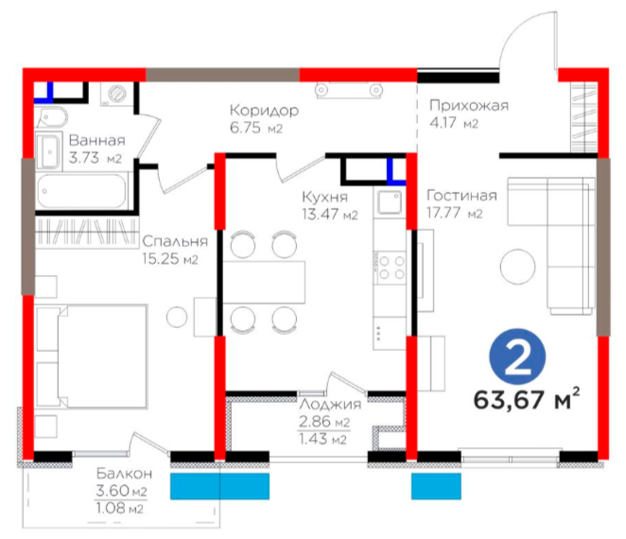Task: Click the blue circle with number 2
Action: [x=517, y=356]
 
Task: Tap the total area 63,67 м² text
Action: [x=527, y=399]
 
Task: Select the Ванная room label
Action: [x=97, y=141]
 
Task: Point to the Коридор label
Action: [x=264, y=110]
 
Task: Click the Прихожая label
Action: [x=469, y=105]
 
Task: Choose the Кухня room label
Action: [x=324, y=197]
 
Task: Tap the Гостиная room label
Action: [x=461, y=195]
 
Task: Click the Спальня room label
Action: [x=175, y=241]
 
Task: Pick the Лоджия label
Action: [x=330, y=404]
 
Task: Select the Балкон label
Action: [x=124, y=474]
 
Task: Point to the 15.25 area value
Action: [x=160, y=259]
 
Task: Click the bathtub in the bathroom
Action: [x=82, y=191]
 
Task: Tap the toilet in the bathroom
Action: [x=52, y=117]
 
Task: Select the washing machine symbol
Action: [x=116, y=95]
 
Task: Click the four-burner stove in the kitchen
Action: [x=390, y=267]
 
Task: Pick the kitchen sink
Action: [x=390, y=202]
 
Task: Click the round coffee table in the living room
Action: [x=517, y=267]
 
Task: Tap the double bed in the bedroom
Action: [x=92, y=356]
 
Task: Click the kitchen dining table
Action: [x=264, y=283]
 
